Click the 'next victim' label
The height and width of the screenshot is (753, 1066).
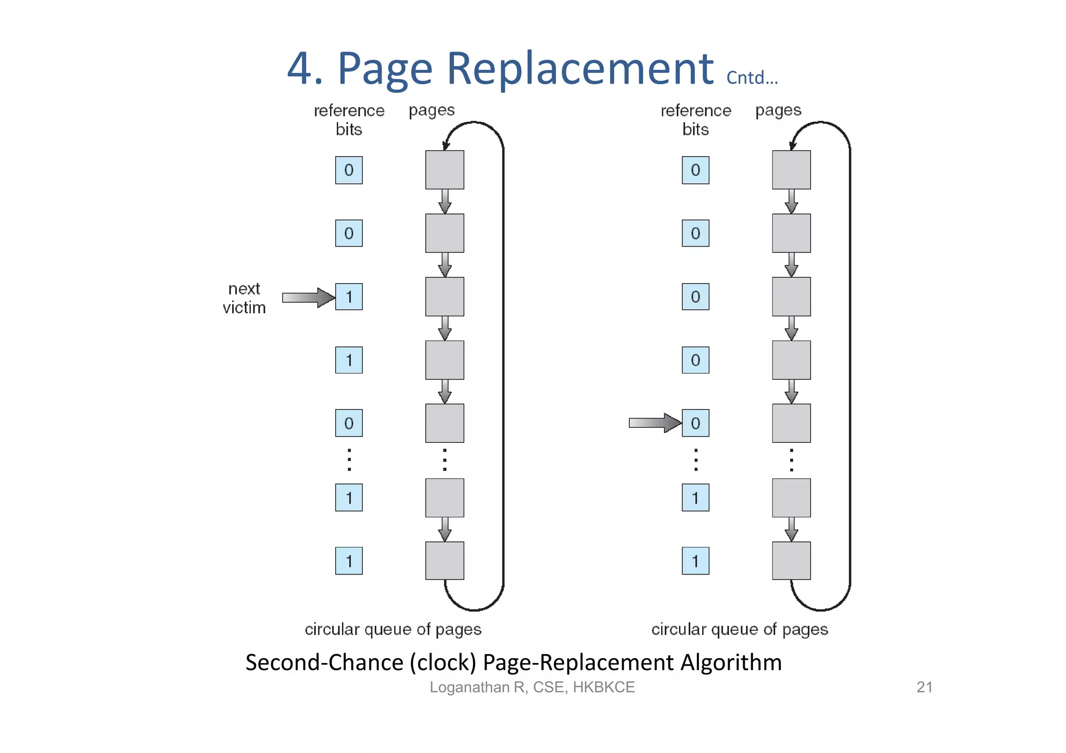[x=244, y=298]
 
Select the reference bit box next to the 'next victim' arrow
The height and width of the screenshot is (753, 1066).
[x=349, y=297]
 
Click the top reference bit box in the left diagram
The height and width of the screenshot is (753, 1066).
[x=349, y=170]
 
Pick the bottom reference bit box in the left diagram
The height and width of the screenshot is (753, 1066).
[x=349, y=561]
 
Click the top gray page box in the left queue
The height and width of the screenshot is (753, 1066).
[x=445, y=170]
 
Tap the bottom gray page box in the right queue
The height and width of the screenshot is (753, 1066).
[x=791, y=561]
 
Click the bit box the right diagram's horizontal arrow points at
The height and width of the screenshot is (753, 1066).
[x=695, y=423]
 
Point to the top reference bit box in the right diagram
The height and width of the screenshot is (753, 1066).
[x=695, y=170]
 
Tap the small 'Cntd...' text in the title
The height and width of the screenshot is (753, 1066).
[x=752, y=78]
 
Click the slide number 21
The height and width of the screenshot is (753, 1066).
[x=924, y=687]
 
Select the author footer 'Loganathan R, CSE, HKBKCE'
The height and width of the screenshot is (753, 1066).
[x=532, y=687]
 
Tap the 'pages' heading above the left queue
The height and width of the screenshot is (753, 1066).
[x=432, y=110]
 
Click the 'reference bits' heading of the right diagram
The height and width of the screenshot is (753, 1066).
[x=695, y=120]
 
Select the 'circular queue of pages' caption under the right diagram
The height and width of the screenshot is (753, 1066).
[x=739, y=629]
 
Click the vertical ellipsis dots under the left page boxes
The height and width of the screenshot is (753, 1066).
[x=445, y=460]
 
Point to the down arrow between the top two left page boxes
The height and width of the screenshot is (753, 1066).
[x=445, y=201]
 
